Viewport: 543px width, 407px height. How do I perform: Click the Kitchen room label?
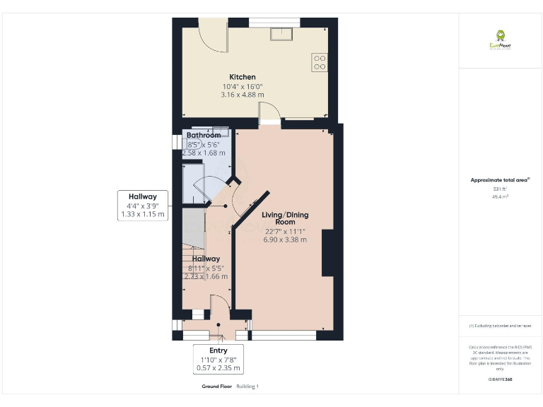click(x=243, y=77)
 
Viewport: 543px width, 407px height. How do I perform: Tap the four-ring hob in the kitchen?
click(x=320, y=62)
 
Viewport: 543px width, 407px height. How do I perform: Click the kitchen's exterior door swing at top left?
click(x=211, y=37)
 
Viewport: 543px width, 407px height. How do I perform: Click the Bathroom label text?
click(x=204, y=135)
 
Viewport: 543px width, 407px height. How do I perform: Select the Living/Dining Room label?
click(x=285, y=218)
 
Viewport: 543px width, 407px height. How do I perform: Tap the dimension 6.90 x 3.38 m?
click(x=285, y=240)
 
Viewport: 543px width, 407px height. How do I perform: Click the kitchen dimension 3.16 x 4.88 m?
click(x=243, y=94)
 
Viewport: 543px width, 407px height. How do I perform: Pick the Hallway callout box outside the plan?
click(x=143, y=205)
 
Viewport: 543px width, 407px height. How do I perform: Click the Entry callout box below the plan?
click(x=218, y=359)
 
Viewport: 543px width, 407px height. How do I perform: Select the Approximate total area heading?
click(x=501, y=180)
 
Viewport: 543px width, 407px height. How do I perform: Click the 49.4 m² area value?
click(x=501, y=197)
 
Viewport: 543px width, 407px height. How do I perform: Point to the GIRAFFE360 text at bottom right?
click(x=501, y=380)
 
